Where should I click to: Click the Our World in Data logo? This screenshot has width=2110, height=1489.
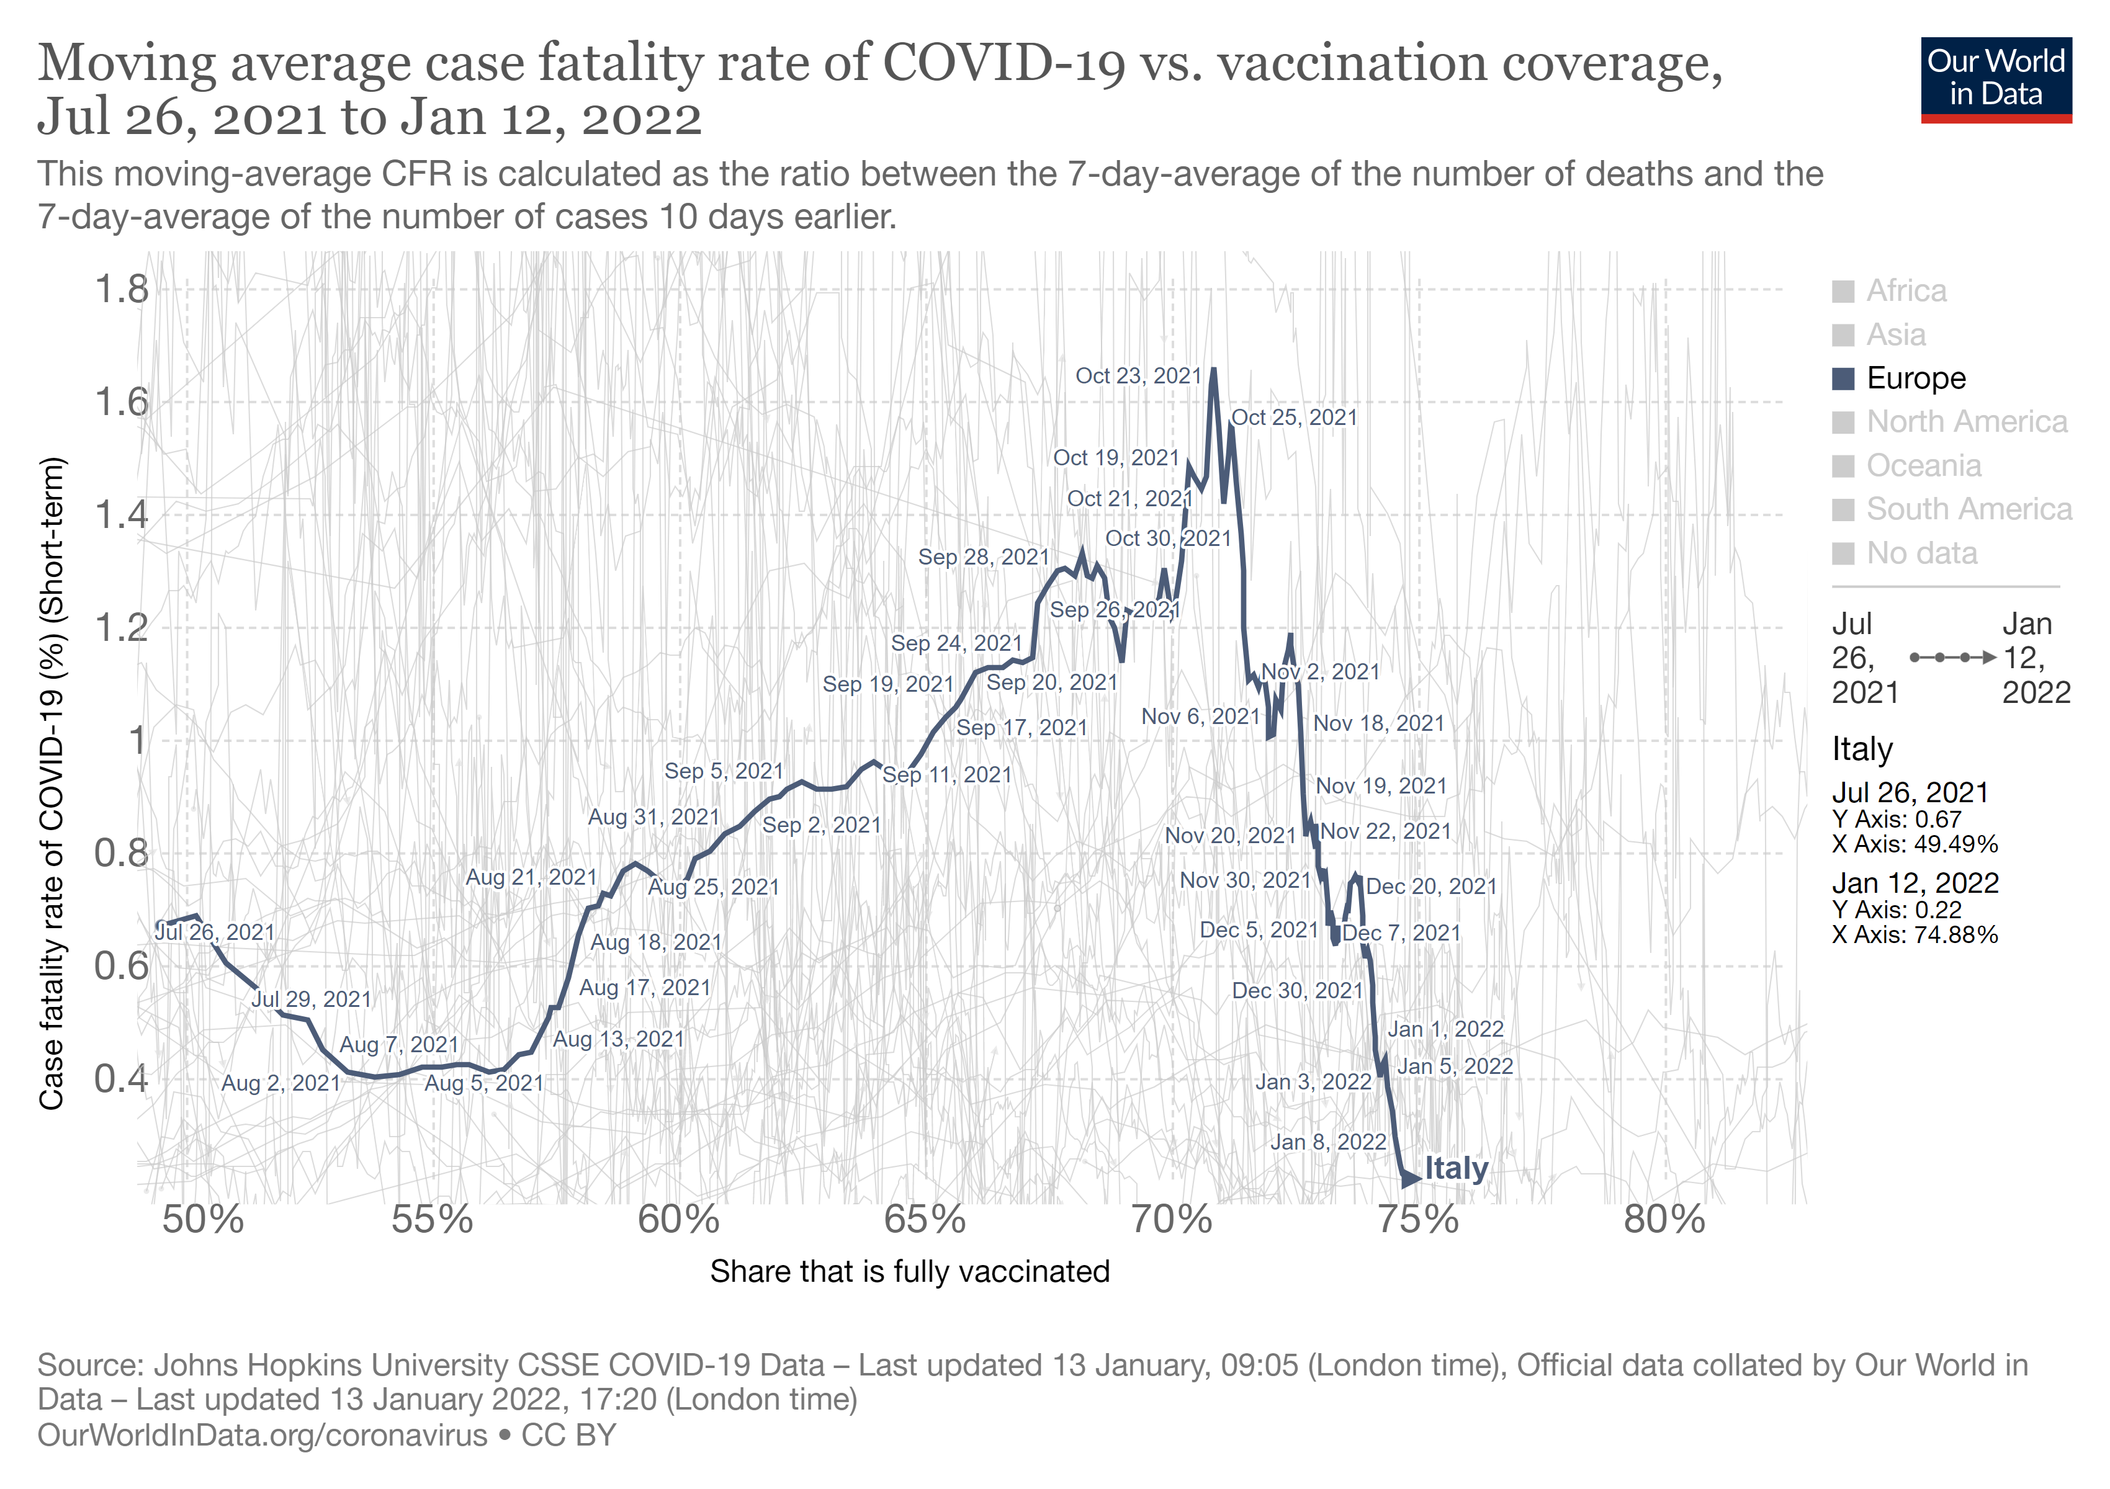tap(1995, 79)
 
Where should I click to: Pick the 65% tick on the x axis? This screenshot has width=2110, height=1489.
tap(925, 1220)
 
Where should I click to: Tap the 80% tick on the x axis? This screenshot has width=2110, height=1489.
tap(1664, 1220)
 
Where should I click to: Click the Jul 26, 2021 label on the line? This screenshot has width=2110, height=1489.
tap(215, 932)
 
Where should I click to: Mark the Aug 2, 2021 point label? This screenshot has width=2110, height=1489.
tap(281, 1084)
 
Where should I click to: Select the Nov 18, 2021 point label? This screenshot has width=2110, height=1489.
tap(1378, 724)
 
